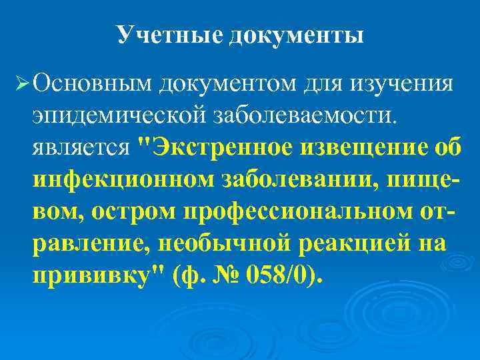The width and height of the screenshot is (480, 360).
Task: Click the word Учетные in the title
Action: click(x=169, y=35)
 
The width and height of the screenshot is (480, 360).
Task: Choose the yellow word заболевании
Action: click(x=294, y=178)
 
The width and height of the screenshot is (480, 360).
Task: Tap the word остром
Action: click(x=135, y=209)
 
